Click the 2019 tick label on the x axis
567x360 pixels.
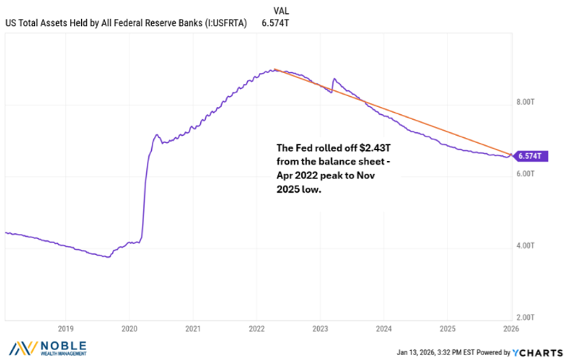(x=65, y=328)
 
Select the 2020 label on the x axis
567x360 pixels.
(x=129, y=328)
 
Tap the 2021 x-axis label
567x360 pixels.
(x=193, y=328)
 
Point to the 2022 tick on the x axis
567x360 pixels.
(x=256, y=328)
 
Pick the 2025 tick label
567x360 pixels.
(x=447, y=328)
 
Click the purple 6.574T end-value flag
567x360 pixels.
(x=528, y=155)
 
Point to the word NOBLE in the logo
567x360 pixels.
(x=64, y=345)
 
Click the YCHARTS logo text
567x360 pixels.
(x=542, y=351)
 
